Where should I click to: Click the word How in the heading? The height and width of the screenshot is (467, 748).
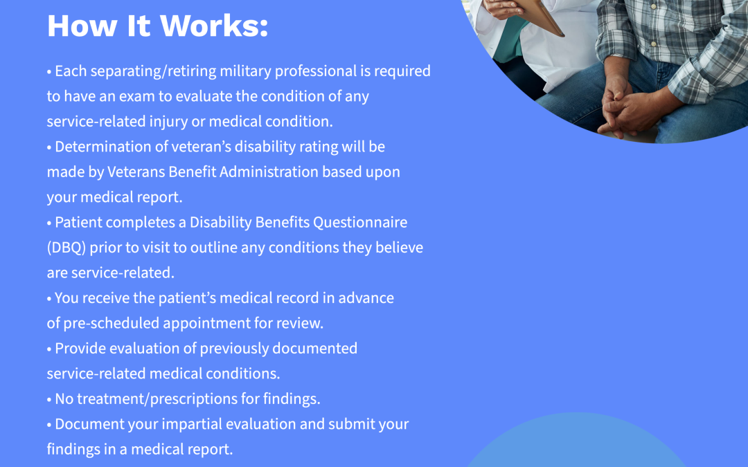click(82, 26)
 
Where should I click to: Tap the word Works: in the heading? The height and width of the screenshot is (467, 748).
click(214, 26)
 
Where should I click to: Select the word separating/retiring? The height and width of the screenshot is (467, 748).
click(153, 71)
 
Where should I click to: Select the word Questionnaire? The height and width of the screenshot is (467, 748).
click(360, 223)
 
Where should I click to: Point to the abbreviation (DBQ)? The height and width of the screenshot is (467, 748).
click(66, 248)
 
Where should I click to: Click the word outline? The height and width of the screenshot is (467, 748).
click(214, 248)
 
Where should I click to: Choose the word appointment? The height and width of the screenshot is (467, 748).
click(206, 324)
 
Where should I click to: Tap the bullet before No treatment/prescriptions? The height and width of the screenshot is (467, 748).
click(49, 400)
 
